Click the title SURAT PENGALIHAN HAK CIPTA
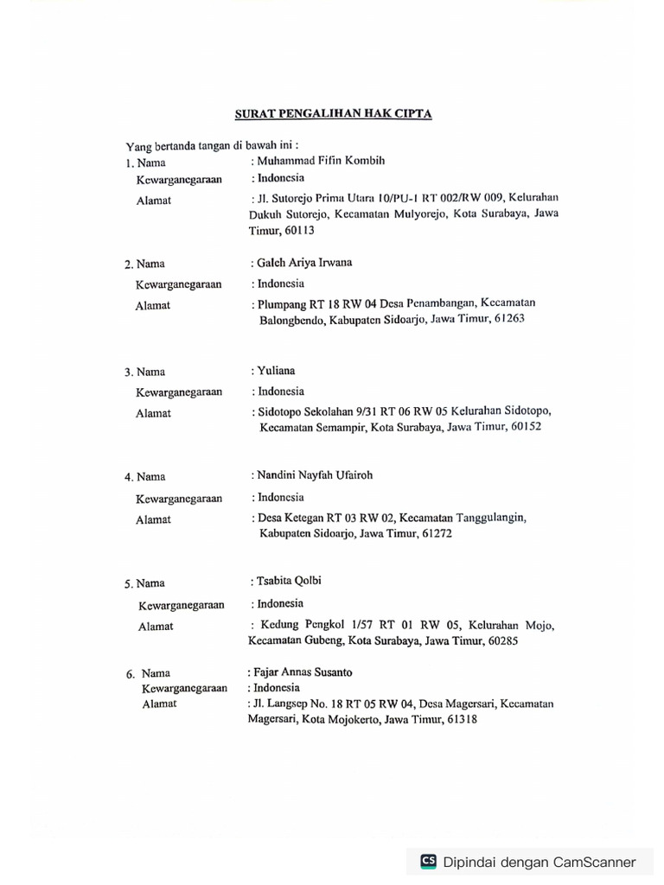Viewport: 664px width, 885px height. [x=334, y=113]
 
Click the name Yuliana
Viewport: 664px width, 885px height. [x=276, y=371]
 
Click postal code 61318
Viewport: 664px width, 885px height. [x=459, y=719]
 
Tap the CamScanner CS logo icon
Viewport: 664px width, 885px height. [x=428, y=861]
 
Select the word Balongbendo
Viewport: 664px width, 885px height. [x=293, y=319]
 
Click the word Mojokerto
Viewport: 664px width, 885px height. [x=352, y=719]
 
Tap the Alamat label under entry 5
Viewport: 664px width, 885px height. [x=155, y=627]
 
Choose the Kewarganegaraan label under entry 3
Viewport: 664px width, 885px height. [x=178, y=392]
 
